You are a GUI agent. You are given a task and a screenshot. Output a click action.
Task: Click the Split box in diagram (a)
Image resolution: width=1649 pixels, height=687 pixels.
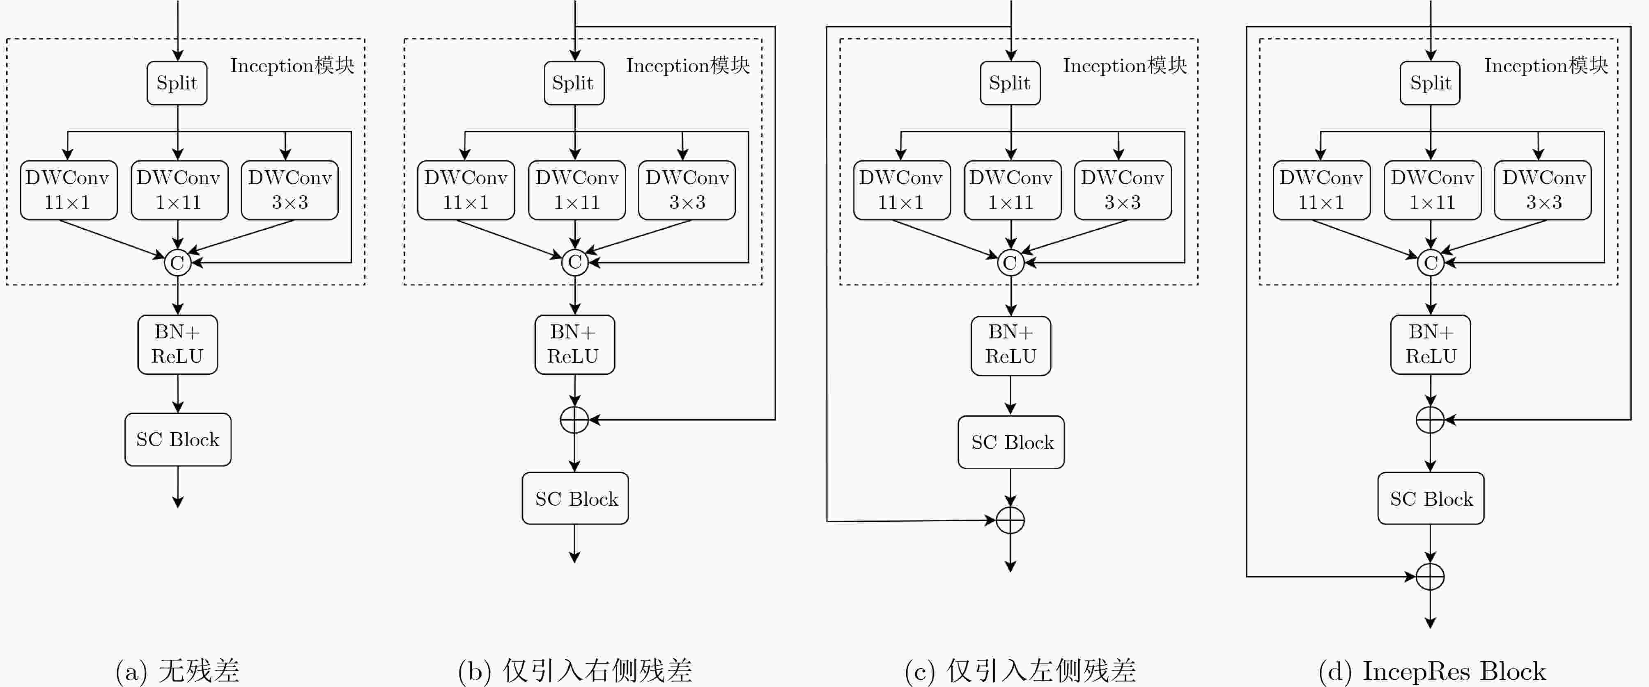click(x=177, y=83)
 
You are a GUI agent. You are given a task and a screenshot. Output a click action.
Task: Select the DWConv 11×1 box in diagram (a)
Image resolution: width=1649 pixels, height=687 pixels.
click(x=69, y=190)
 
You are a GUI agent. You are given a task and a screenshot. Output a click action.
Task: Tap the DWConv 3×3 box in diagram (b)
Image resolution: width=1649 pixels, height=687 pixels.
click(x=687, y=190)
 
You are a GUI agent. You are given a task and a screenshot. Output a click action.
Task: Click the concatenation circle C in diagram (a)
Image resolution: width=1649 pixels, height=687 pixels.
click(x=177, y=262)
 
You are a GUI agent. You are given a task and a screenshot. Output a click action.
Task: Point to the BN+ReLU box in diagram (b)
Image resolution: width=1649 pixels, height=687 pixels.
click(x=574, y=344)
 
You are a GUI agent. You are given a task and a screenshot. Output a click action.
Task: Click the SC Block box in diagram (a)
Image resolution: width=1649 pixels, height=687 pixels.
click(x=178, y=439)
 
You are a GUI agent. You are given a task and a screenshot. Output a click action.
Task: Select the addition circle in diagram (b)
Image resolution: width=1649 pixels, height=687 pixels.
click(x=574, y=420)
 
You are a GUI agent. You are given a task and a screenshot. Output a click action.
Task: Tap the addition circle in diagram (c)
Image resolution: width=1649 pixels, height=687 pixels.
click(x=1010, y=520)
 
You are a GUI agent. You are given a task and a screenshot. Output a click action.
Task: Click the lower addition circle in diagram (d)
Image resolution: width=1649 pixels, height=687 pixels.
click(x=1430, y=576)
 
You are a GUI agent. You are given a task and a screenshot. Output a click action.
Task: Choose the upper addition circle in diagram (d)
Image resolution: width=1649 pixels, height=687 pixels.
click(x=1430, y=420)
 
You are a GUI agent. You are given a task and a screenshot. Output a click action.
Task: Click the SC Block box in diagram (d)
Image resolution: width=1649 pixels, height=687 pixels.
click(x=1431, y=498)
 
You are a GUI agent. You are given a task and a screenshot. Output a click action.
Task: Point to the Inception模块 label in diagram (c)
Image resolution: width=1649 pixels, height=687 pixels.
click(x=1125, y=65)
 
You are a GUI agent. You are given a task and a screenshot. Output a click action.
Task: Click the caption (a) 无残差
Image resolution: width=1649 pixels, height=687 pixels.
click(x=177, y=670)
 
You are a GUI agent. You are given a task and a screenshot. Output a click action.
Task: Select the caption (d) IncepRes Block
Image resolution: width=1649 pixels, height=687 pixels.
click(x=1432, y=670)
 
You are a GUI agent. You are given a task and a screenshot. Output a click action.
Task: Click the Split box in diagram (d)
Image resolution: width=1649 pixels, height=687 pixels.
click(x=1430, y=83)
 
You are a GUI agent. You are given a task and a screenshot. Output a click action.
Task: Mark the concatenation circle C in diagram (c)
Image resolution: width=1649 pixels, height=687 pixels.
click(x=1010, y=262)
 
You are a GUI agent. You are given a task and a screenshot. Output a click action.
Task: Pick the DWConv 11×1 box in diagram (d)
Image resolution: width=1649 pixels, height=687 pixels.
click(x=1321, y=190)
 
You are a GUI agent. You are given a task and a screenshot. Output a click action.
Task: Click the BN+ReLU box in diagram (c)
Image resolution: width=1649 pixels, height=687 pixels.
click(x=1010, y=345)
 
